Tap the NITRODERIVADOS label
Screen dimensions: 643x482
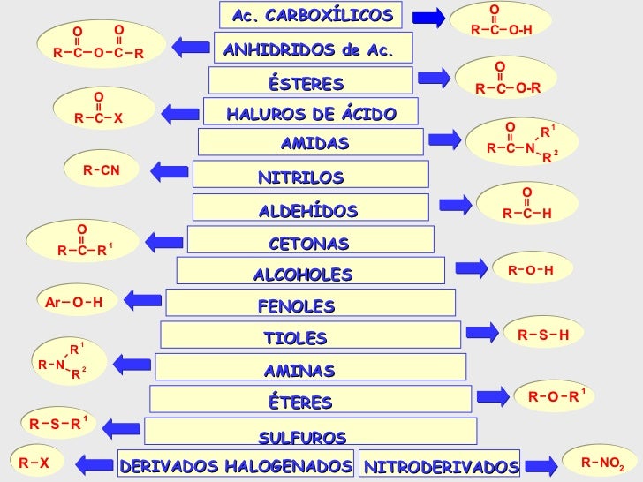click(x=441, y=464)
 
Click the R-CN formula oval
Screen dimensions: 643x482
click(x=102, y=169)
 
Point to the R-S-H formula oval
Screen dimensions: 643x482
click(x=543, y=334)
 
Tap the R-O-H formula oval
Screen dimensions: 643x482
click(x=531, y=269)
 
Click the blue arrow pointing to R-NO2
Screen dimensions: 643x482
click(x=545, y=462)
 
